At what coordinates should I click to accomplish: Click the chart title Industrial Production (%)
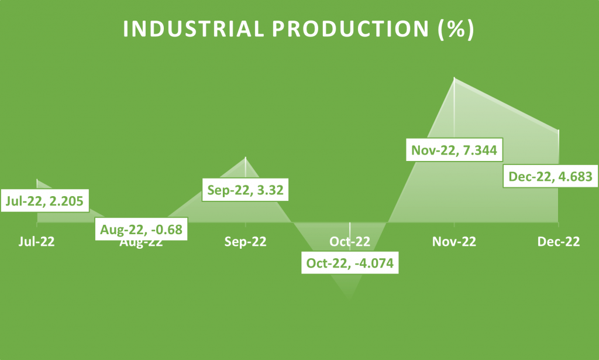pyautogui.click(x=299, y=30)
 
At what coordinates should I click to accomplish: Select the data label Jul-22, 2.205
pyautogui.click(x=45, y=202)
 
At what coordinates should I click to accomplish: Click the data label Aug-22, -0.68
pyautogui.click(x=141, y=228)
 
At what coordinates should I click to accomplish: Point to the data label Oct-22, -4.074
pyautogui.click(x=350, y=263)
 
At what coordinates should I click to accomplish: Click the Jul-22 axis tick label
pyautogui.click(x=37, y=242)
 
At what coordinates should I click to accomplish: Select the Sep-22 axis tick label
pyautogui.click(x=246, y=242)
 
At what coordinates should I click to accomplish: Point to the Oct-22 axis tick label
pyautogui.click(x=350, y=242)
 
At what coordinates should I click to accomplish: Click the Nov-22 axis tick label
pyautogui.click(x=455, y=242)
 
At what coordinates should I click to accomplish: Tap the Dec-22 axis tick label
pyautogui.click(x=559, y=242)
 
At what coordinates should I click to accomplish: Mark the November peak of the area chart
pyautogui.click(x=455, y=77)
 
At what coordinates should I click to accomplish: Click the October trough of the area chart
pyautogui.click(x=350, y=300)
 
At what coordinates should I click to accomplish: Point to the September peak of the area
pyautogui.click(x=246, y=157)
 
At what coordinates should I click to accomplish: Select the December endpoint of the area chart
pyautogui.click(x=559, y=130)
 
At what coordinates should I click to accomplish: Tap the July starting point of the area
pyautogui.click(x=37, y=179)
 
